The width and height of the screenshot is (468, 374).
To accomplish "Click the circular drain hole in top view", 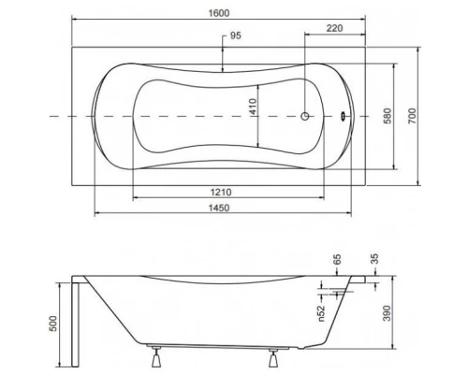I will [x=305, y=116].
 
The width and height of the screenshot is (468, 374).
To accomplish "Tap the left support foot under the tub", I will [x=153, y=356].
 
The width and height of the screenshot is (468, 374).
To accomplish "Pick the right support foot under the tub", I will [x=273, y=356].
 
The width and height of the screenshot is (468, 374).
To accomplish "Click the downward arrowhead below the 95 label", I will [x=222, y=66].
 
